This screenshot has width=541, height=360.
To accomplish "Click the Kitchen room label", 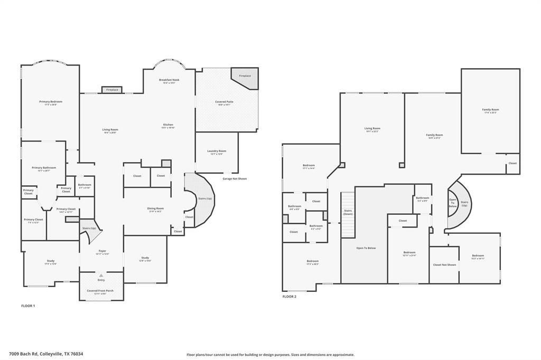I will click(x=168, y=125).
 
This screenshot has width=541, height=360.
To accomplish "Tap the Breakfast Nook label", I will click(x=169, y=80).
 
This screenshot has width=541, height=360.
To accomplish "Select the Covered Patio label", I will click(x=224, y=102).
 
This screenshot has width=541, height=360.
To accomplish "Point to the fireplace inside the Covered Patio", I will click(x=245, y=76).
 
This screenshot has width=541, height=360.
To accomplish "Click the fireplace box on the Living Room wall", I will click(x=112, y=90).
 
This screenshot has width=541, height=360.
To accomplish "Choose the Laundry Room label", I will click(x=217, y=151).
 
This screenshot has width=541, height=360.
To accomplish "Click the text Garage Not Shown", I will click(x=235, y=178).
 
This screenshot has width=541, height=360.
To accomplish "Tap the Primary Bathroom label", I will click(x=44, y=168).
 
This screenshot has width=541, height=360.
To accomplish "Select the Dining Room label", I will click(x=155, y=209).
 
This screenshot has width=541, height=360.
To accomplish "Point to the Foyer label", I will click(x=102, y=251).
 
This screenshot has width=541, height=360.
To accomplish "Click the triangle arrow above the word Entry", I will click(x=101, y=275).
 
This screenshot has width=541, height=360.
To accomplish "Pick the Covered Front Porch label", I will click(x=100, y=291).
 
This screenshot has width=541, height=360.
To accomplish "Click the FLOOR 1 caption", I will click(x=28, y=306).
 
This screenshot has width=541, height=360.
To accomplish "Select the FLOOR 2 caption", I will click(x=290, y=297).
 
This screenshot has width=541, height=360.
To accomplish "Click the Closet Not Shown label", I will click(x=444, y=264).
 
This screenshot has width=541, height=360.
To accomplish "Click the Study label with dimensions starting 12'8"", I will click(x=145, y=259).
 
